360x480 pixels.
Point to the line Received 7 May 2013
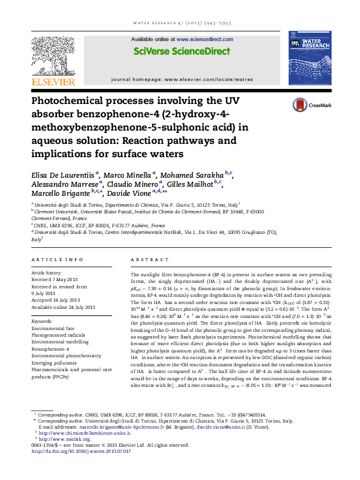click(x=59, y=279)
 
